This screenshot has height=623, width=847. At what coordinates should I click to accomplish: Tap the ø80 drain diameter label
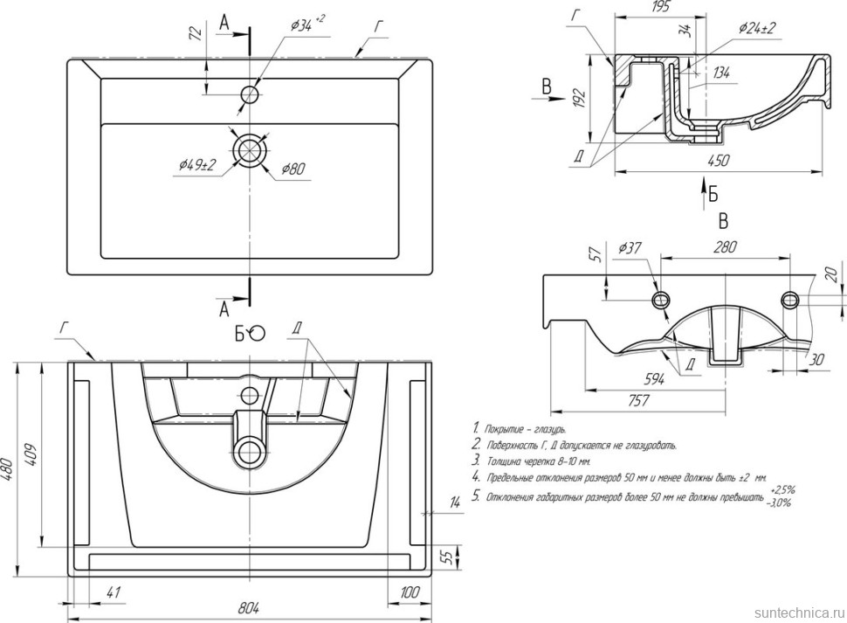pos(293,169)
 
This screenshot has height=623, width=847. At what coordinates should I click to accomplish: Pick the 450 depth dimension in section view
pos(718,160)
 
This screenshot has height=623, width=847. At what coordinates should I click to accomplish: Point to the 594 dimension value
pos(655,378)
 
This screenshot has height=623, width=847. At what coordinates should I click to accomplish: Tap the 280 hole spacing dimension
pos(725,247)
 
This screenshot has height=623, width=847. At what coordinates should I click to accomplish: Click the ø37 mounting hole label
pos(630,249)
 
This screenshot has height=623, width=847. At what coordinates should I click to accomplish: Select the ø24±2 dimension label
pos(755,28)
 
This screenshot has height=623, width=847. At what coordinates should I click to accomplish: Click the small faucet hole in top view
pos(251,93)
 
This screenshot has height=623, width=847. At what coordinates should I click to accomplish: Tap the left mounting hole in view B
pos(659,299)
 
